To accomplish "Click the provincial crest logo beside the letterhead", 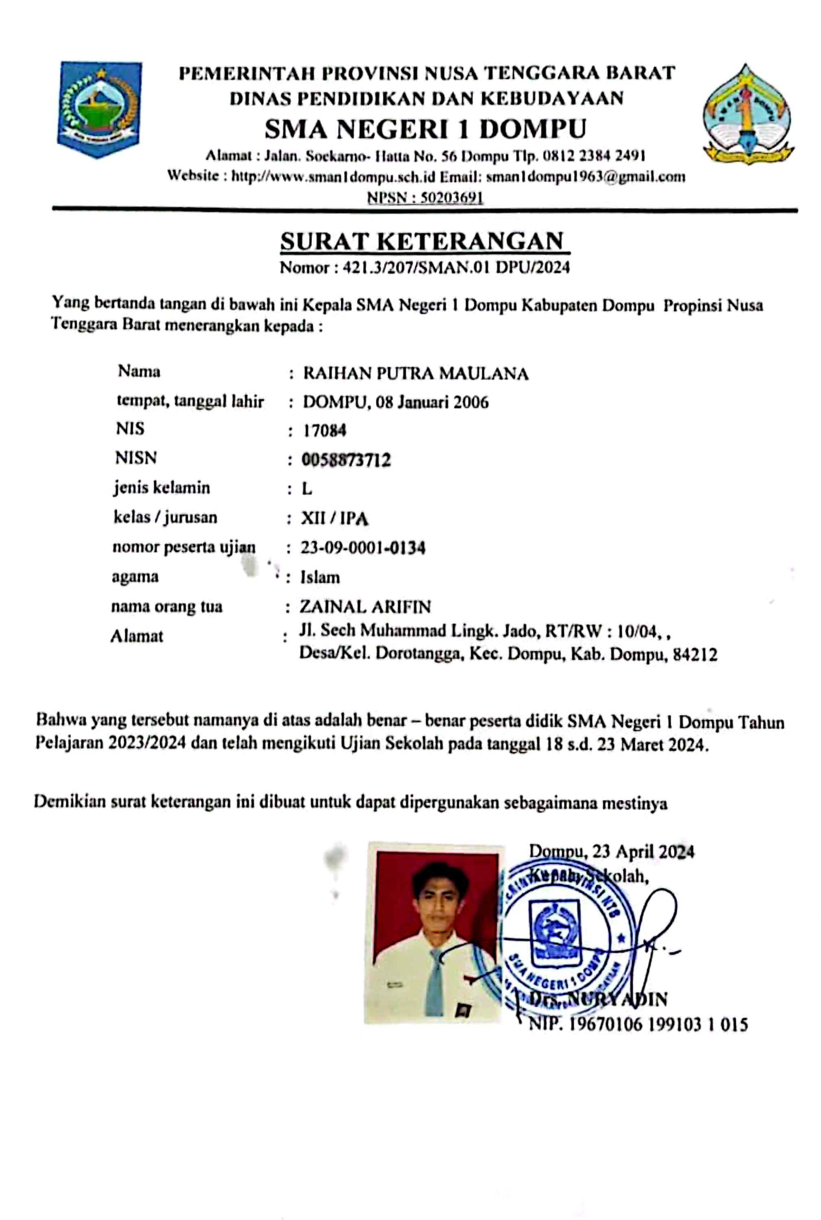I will coord(99,109).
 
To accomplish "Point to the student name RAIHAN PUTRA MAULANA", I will coord(416,373).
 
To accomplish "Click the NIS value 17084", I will coord(324,430).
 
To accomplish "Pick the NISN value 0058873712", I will coord(346,460).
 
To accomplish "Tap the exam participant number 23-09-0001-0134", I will coord(363,548).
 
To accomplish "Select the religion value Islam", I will coord(320,577).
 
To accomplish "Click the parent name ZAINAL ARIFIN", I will coord(365,606).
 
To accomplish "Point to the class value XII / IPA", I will coord(334,518).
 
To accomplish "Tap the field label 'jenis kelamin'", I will coord(162,488).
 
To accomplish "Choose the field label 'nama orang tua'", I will coord(166,606).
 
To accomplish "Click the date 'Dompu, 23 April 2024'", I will coord(612,852).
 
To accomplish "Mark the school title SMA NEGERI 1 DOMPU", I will coord(425,129).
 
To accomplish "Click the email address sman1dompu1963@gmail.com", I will coord(586,176).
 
